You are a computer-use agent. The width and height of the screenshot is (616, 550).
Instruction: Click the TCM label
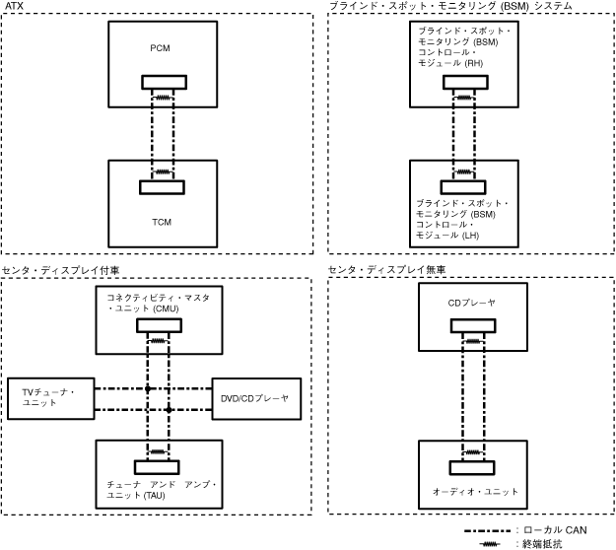pyautogui.click(x=161, y=222)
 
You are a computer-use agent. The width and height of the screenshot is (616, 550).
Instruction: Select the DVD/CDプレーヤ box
pyautogui.click(x=256, y=397)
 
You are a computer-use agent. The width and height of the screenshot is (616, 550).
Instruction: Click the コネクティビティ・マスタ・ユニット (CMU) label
pyautogui.click(x=159, y=302)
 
